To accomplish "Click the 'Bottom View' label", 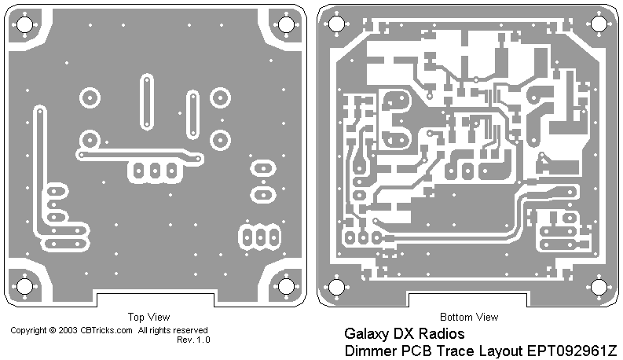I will click(x=469, y=318).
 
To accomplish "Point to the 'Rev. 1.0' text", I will click(x=193, y=340).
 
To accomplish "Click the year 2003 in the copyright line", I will click(x=68, y=331).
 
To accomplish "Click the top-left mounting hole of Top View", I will click(x=24, y=24).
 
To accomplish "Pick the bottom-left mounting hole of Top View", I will click(x=24, y=285).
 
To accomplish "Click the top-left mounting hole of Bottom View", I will click(x=336, y=24).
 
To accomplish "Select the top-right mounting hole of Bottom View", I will click(x=599, y=24).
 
